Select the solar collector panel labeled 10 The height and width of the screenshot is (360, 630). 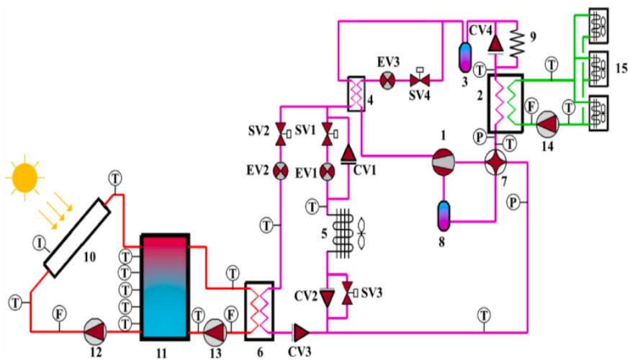[x=77, y=238]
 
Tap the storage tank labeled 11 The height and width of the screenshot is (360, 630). [x=165, y=287]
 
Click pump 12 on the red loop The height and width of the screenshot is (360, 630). [x=95, y=332]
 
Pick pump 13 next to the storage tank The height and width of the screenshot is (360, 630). [x=215, y=332]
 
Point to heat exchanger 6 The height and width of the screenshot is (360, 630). [x=259, y=311]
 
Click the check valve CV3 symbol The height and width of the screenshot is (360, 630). [x=301, y=332]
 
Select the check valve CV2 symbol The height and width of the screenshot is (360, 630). [x=328, y=298]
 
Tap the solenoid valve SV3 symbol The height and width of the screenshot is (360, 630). [x=348, y=293]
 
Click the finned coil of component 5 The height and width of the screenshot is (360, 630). [x=343, y=233]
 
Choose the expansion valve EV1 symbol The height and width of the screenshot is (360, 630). [x=328, y=172]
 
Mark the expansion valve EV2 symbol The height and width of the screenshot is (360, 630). [x=281, y=171]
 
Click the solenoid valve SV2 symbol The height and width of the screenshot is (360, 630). [x=282, y=134]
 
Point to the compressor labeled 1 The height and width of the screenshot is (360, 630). [x=444, y=162]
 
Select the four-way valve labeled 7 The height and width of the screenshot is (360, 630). [x=495, y=162]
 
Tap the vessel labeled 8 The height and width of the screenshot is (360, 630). [x=444, y=216]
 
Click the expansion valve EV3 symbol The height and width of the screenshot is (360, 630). [x=387, y=81]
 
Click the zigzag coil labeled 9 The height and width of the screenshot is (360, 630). [x=518, y=44]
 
